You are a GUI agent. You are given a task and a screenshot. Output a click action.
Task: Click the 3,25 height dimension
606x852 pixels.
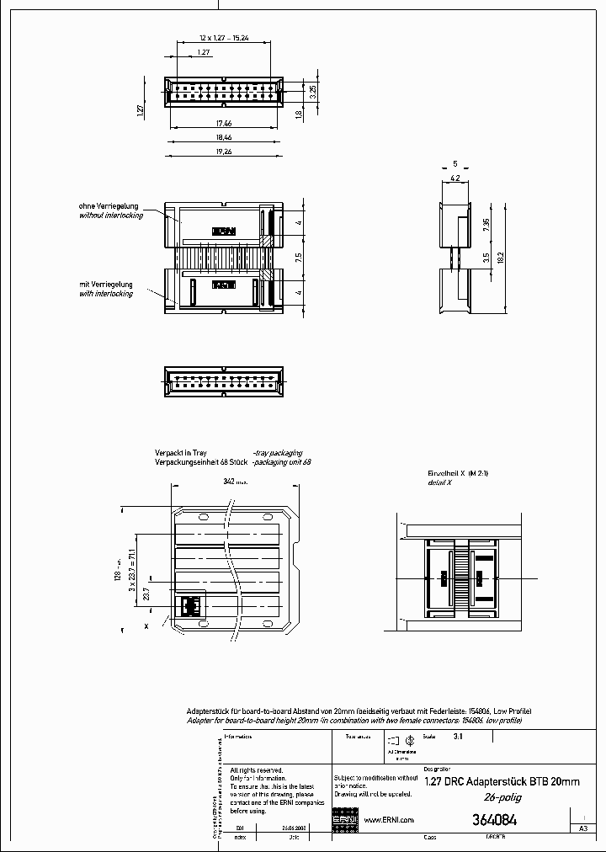point(313,93)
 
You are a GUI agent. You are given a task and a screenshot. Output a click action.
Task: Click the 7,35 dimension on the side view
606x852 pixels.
point(486,226)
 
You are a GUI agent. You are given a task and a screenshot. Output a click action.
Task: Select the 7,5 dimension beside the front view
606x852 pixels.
point(299,258)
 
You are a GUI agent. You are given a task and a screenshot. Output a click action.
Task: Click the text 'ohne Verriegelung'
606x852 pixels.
point(110,206)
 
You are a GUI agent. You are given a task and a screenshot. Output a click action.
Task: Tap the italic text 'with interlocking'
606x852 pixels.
point(106,294)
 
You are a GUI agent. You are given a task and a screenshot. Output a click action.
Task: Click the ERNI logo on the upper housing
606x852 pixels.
point(224,231)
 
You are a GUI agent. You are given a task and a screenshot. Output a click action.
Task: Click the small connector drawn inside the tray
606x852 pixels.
point(192,604)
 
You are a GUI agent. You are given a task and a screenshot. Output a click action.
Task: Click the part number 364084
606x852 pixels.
point(495,819)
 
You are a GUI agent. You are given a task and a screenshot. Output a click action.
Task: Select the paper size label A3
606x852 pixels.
point(583,828)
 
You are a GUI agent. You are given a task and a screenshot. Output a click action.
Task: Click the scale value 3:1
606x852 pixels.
point(459,736)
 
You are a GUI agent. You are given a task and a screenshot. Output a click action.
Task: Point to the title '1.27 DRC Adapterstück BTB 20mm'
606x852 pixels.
point(502,781)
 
